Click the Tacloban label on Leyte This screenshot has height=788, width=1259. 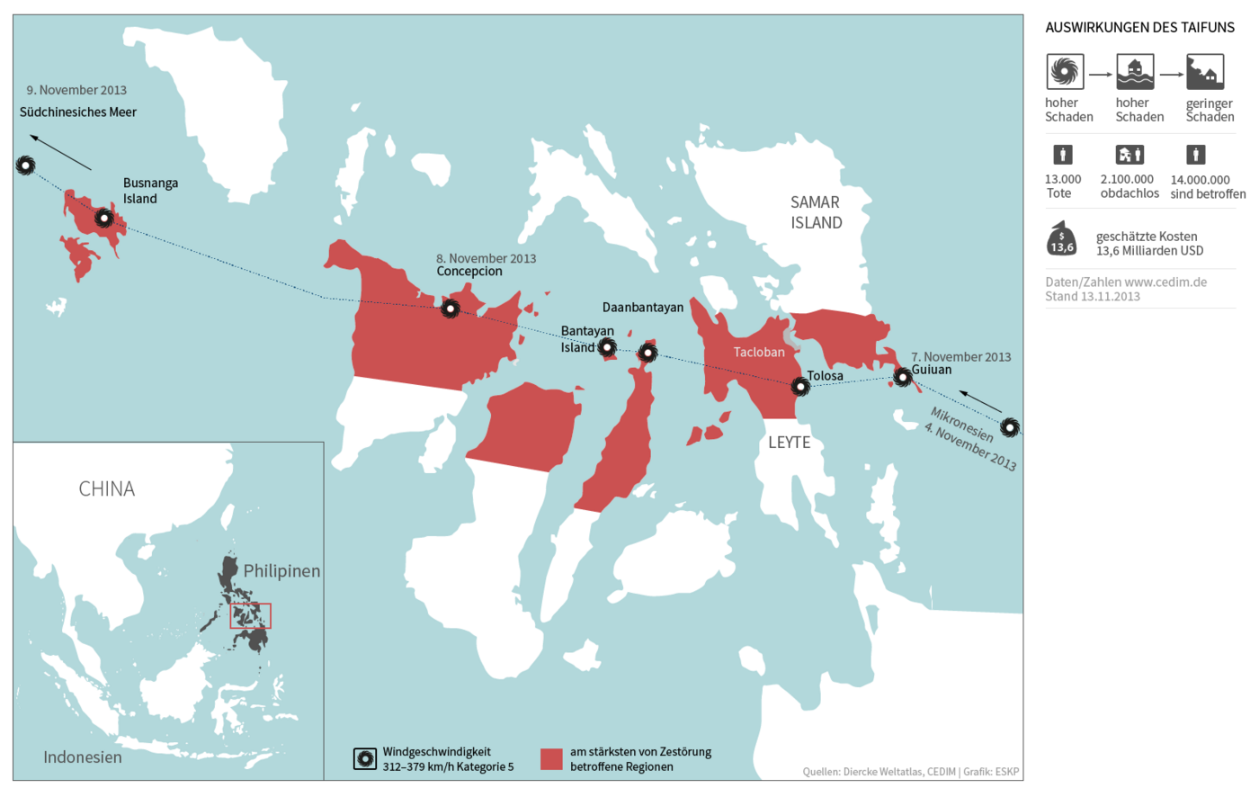[758, 352]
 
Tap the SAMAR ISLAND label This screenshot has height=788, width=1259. [816, 212]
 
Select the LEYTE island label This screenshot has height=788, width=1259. [789, 442]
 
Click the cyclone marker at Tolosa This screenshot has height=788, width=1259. [799, 387]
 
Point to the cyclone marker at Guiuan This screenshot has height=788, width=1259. [902, 377]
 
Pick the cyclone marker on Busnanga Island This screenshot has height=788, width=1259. [104, 218]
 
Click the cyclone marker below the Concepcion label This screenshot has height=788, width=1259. [451, 309]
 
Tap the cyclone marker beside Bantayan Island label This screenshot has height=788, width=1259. [607, 347]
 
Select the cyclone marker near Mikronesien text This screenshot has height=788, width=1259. [1010, 427]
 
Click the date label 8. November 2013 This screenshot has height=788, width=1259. [486, 258]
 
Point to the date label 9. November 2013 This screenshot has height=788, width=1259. [76, 90]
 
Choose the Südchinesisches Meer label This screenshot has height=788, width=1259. [78, 112]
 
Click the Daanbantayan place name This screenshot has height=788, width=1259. [642, 307]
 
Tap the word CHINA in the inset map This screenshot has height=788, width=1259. [106, 488]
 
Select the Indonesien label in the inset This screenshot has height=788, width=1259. [83, 757]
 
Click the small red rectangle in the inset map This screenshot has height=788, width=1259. [250, 615]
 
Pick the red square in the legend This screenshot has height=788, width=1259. [551, 758]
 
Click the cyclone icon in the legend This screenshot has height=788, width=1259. [365, 758]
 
